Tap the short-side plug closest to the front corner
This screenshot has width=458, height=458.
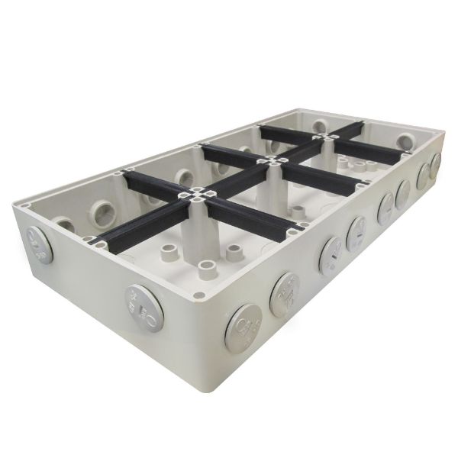click(145, 308)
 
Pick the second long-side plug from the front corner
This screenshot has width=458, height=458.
click(284, 294)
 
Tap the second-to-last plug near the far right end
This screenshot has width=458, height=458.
click(423, 176)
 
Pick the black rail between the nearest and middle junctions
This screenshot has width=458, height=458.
click(237, 177)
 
